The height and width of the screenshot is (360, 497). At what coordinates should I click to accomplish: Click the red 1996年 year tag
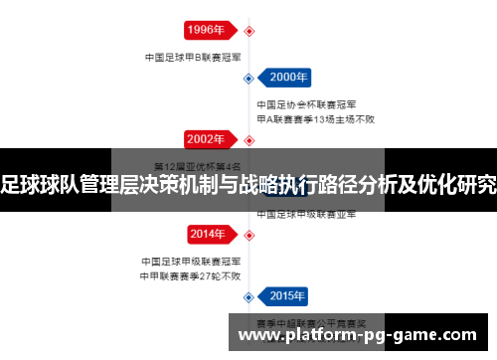[x=207, y=30]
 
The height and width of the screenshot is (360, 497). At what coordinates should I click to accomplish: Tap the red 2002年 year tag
[x=207, y=139]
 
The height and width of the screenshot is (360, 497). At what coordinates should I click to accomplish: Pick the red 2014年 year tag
[x=207, y=235]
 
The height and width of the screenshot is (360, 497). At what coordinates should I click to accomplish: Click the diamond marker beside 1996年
[x=248, y=30]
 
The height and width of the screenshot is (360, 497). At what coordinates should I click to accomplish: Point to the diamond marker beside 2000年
[x=248, y=78]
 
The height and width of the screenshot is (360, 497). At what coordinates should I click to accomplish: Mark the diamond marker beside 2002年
[x=248, y=139]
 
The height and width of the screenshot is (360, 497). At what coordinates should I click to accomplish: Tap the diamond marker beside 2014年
[x=248, y=235]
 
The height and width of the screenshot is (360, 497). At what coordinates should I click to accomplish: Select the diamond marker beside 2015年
[x=248, y=296]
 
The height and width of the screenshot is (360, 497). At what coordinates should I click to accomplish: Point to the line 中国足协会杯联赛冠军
[x=307, y=104]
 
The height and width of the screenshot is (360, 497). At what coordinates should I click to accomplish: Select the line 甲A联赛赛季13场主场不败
[x=315, y=118]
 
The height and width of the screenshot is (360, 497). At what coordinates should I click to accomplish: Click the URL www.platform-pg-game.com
[x=362, y=335]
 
